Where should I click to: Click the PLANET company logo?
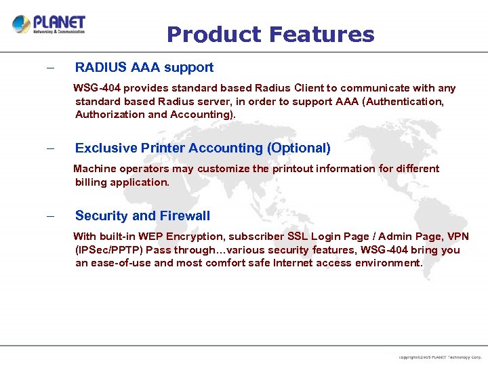49,25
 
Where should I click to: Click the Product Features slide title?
270,35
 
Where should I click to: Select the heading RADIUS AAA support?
144,67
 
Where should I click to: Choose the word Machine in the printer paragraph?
94,169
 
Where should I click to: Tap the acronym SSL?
298,237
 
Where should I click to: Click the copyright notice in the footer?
440,357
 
